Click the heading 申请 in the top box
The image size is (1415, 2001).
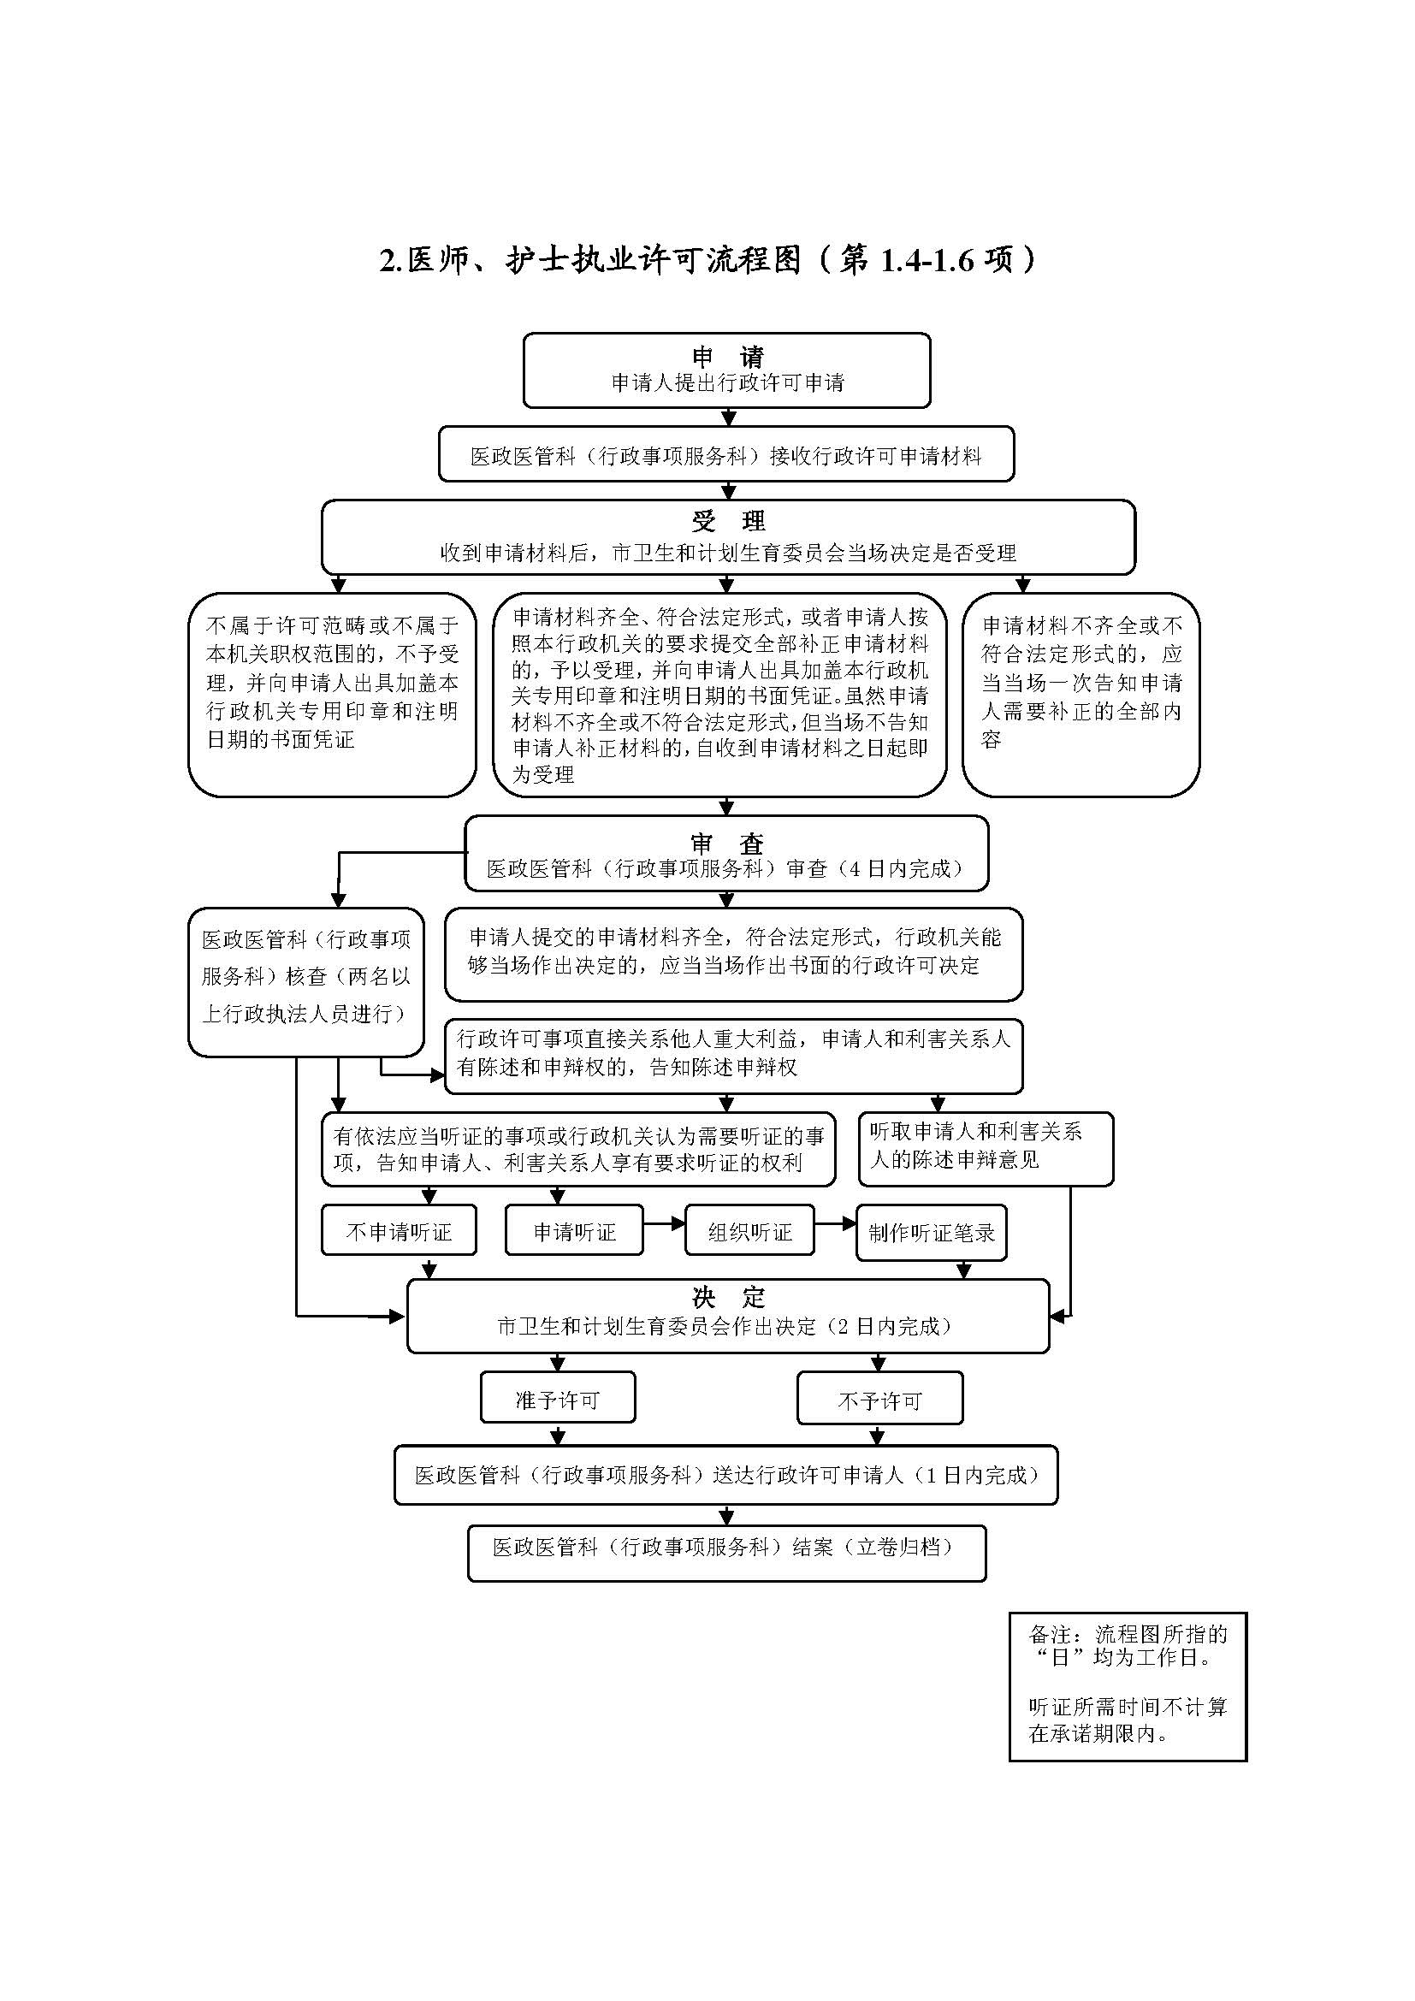[x=727, y=357]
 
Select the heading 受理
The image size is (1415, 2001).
[x=727, y=521]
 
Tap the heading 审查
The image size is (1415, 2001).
[x=726, y=844]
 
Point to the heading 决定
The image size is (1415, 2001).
[x=727, y=1298]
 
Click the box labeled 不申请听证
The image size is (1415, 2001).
[x=399, y=1231]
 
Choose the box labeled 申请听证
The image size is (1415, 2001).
[x=574, y=1231]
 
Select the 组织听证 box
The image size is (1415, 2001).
[x=749, y=1231]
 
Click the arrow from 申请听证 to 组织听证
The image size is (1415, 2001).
[x=665, y=1223]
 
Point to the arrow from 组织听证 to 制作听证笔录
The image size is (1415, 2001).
[x=836, y=1223]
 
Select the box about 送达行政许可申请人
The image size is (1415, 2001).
[x=726, y=1476]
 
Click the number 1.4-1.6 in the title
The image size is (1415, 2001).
[x=927, y=261]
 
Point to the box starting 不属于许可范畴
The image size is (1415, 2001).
[x=332, y=695]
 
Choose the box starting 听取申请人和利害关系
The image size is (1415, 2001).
[x=986, y=1149]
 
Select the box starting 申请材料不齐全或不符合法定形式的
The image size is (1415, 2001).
[x=1080, y=695]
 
